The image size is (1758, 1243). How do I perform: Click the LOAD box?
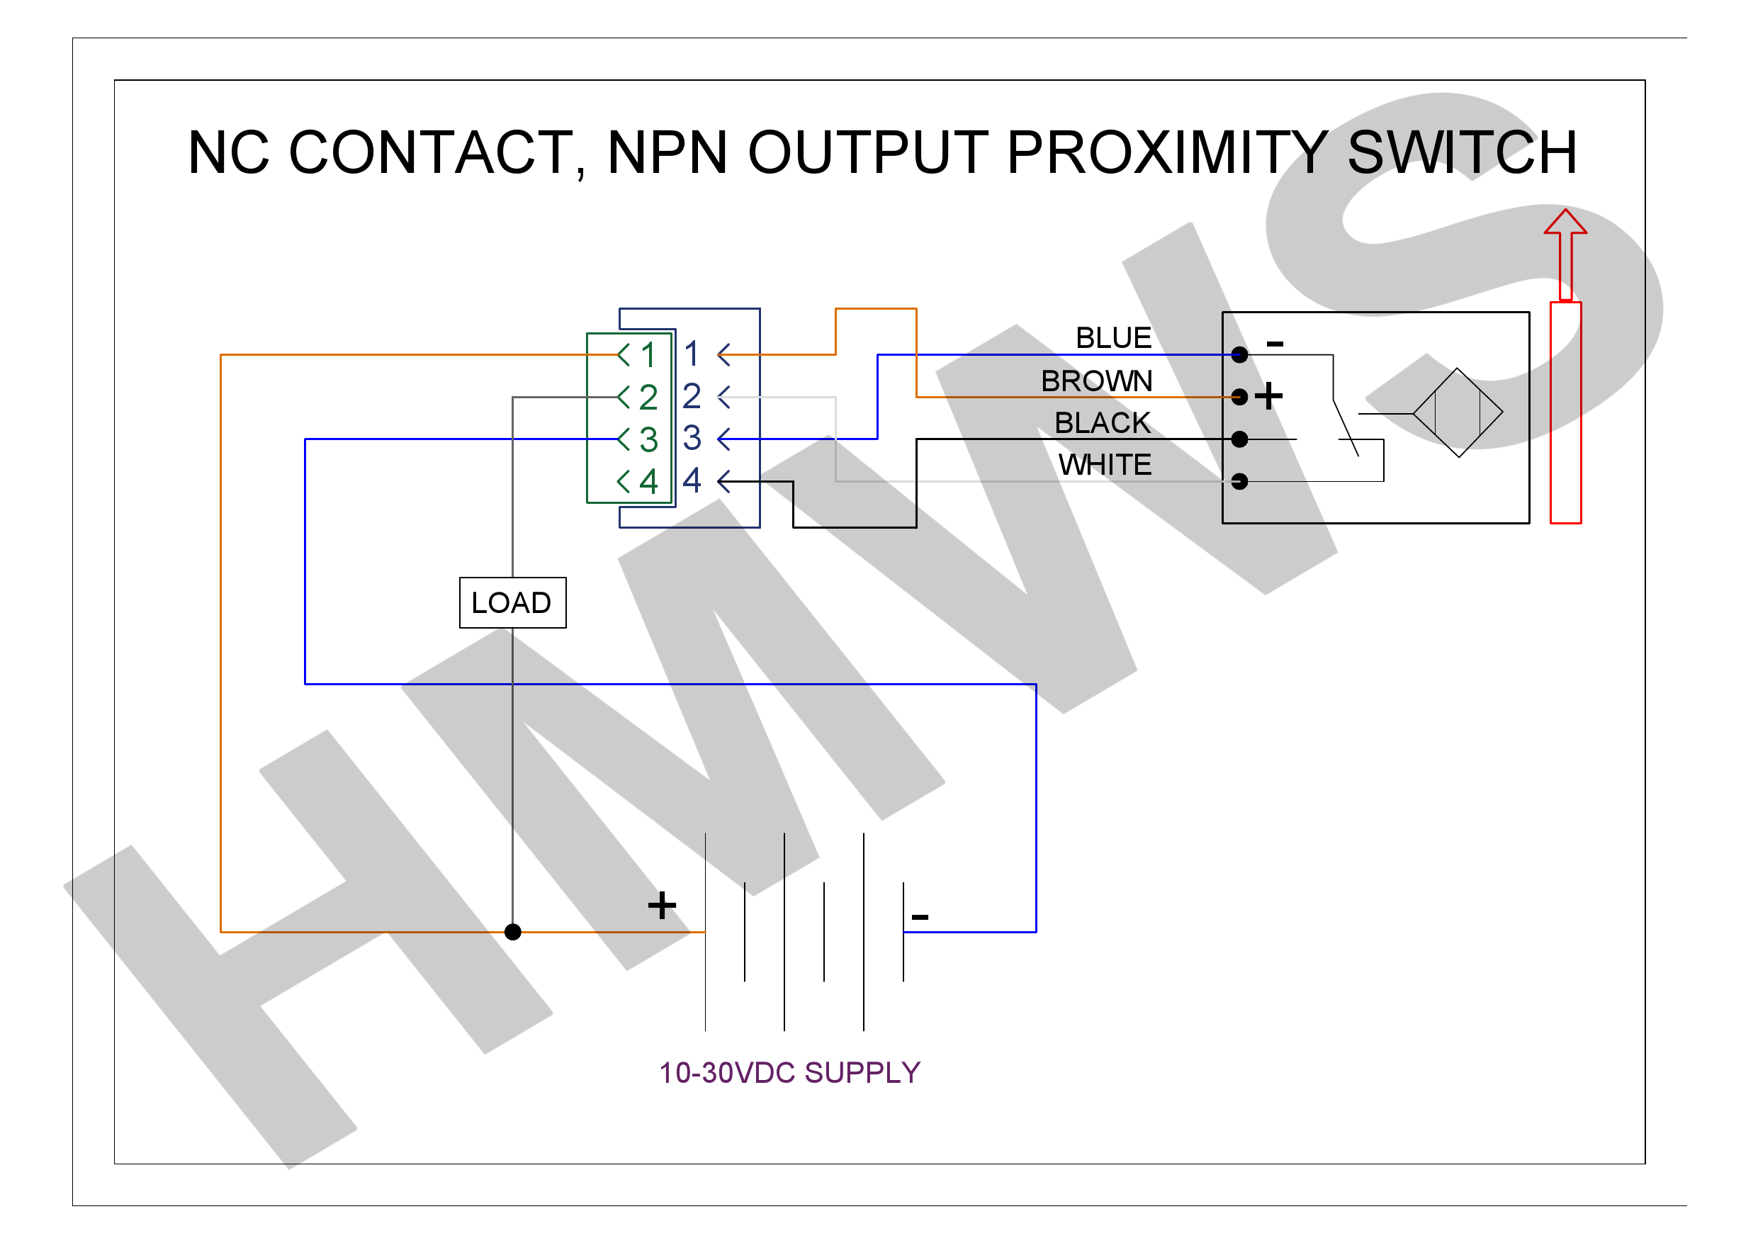512,603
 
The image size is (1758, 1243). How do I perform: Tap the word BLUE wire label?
1112,338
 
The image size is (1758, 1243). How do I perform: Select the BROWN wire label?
1096,381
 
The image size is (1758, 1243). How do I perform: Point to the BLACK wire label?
1102,423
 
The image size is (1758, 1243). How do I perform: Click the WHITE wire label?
1104,465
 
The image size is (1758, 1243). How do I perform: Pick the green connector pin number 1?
648,354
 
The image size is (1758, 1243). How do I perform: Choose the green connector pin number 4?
648,481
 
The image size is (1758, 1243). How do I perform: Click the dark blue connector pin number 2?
692,396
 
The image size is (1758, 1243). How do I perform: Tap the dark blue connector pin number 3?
692,438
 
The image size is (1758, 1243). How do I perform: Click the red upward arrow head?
1565,222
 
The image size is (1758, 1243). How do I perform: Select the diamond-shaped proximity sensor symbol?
1457,413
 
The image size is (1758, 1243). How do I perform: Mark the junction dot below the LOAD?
513,932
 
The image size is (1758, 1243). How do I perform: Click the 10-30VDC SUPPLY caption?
789,1073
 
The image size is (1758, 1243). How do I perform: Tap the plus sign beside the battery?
662,905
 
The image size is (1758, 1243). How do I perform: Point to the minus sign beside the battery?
920,916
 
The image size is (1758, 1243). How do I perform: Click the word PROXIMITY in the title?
1168,152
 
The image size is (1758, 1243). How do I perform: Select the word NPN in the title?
667,152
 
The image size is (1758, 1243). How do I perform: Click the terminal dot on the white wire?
1239,481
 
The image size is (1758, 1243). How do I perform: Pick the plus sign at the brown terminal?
1268,396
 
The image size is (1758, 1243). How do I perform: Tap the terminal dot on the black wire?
1239,439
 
